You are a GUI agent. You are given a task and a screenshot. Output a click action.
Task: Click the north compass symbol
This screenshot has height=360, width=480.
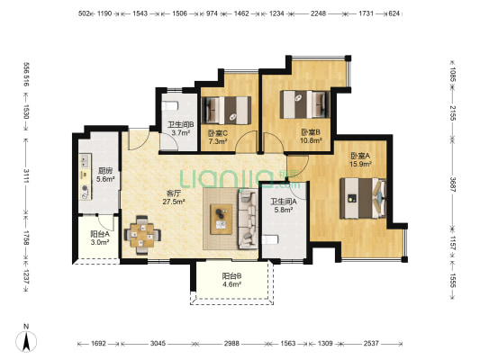pos(26,341)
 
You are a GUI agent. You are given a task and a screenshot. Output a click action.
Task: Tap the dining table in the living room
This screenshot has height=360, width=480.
pos(142,235)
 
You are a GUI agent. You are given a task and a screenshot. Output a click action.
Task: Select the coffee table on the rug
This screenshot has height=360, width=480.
pos(221,220)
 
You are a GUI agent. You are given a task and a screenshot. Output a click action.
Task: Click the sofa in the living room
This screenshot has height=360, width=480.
pos(248,219)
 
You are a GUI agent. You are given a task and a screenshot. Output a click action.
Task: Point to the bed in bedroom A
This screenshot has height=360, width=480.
pos(363,198)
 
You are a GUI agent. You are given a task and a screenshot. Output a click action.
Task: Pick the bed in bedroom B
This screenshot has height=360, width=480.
pos(305,104)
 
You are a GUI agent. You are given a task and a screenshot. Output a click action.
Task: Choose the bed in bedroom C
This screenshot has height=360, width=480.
pos(226,111)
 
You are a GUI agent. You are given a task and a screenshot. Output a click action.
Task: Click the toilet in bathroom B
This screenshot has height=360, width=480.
pos(170,106)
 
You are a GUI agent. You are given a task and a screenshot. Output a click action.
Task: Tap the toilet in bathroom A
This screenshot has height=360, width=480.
pos(270,239)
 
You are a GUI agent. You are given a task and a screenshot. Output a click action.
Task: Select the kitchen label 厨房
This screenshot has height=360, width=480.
pos(105,171)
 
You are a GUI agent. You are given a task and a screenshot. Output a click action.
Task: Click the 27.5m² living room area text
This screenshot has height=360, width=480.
pos(173,202)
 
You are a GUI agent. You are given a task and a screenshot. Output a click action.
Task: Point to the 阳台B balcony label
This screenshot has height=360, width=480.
pos(231,276)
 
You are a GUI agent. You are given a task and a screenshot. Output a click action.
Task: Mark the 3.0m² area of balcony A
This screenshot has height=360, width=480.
pos(100,242)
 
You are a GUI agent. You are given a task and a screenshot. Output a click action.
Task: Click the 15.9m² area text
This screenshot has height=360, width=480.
pos(360,164)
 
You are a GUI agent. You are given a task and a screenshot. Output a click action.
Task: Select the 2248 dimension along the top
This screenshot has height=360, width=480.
pos(319,13)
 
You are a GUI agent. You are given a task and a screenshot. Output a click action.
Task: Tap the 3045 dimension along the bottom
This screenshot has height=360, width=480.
pos(158,344)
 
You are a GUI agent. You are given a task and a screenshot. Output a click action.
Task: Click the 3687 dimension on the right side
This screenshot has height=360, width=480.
pos(452,184)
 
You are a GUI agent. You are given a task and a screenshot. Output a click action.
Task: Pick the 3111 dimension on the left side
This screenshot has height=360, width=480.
pos(26,176)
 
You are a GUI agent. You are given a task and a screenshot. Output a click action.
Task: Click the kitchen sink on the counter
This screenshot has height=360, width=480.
pos(84,161)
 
